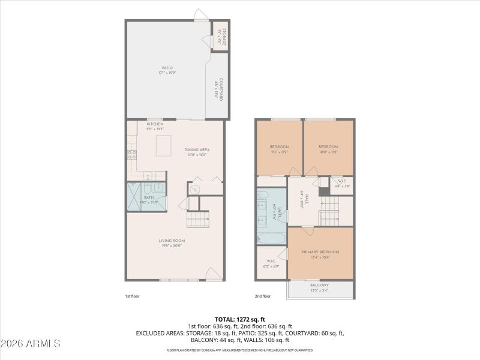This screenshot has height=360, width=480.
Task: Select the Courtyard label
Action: tap(219, 89)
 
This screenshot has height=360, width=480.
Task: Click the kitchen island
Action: tap(163, 145)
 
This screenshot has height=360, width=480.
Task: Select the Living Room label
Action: tap(170, 242)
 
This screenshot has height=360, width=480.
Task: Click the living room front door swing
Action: tap(212, 274)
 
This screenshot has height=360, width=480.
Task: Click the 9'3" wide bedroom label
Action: tap(279, 149)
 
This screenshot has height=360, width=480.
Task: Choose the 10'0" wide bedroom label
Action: tap(328, 149)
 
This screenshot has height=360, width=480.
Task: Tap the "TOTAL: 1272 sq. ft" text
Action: tap(240, 319)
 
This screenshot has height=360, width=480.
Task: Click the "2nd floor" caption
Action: tap(263, 296)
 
